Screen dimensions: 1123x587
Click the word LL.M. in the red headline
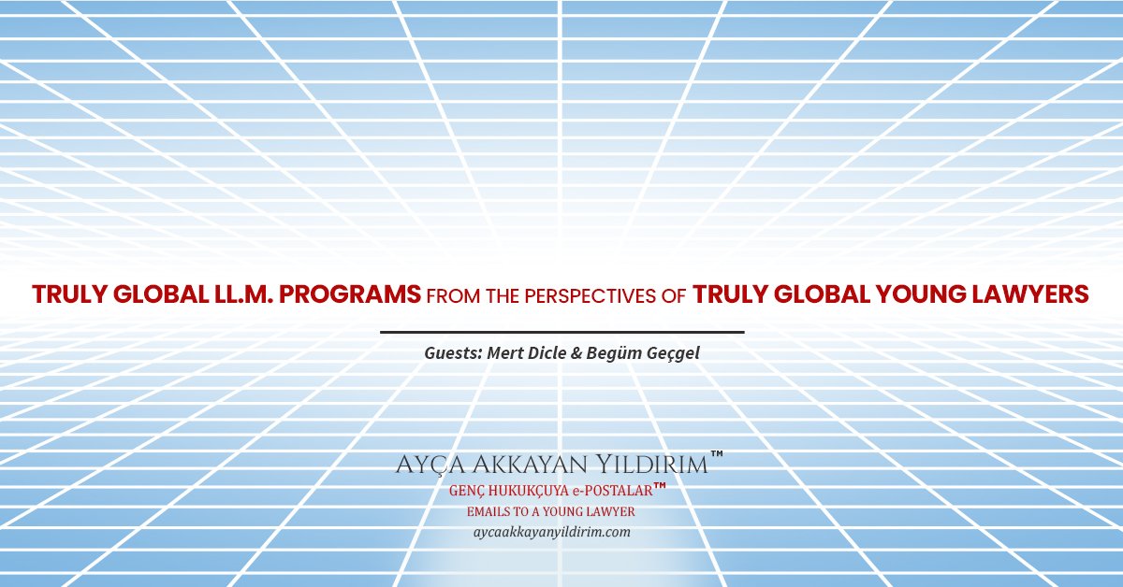point(243,294)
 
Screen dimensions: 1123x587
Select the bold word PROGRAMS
point(349,294)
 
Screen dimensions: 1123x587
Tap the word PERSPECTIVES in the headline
point(591,296)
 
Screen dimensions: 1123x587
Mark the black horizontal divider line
point(562,332)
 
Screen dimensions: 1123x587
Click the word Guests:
point(453,353)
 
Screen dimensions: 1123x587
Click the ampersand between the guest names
point(576,353)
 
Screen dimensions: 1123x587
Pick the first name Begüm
point(614,352)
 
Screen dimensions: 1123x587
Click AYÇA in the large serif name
point(430,465)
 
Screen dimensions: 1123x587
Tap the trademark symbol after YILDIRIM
point(717,454)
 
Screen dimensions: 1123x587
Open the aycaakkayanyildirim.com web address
point(552,532)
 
